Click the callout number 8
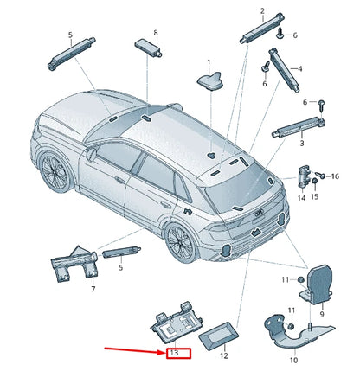[156, 33]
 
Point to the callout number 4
[299, 68]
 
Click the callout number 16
[335, 176]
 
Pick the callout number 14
[301, 197]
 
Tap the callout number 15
[316, 196]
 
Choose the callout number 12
[223, 355]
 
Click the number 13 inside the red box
[173, 354]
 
